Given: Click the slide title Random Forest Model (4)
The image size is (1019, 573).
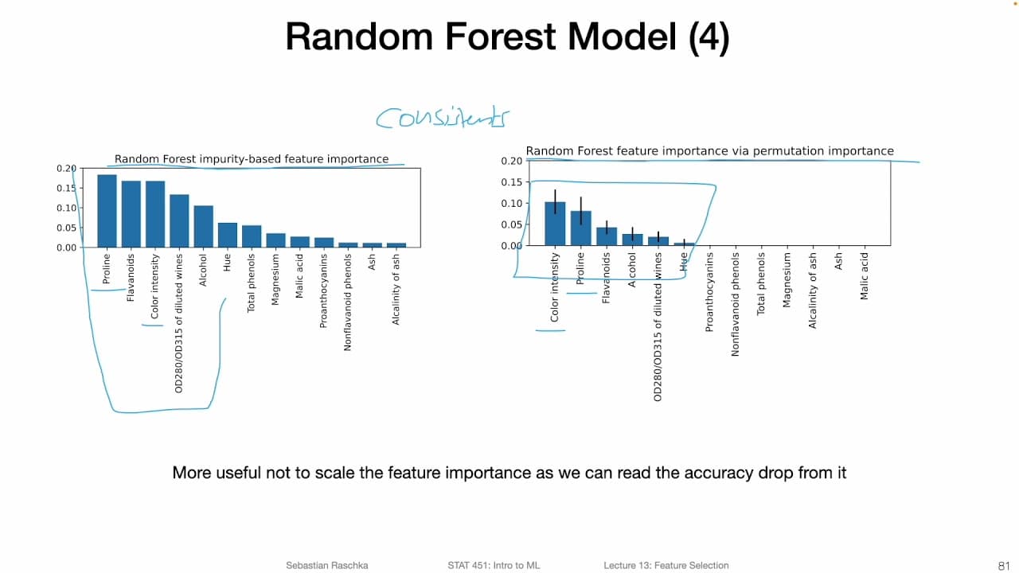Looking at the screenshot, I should point(507,37).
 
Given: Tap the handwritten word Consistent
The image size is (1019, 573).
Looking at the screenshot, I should point(442,118).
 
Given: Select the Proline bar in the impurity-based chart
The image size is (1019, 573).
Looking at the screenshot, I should point(107,211).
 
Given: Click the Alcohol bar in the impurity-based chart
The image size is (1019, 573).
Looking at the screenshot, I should point(203,226).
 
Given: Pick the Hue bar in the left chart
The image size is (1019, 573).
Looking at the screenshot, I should point(228,235).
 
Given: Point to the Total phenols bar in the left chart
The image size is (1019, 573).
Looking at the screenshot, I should point(252,236).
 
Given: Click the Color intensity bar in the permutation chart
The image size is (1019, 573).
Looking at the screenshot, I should point(555,224).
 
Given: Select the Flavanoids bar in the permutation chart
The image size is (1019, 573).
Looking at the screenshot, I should point(607,236).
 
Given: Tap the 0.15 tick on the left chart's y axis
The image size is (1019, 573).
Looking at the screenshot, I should point(66,188).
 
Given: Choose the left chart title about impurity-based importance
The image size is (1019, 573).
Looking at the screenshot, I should point(252,159).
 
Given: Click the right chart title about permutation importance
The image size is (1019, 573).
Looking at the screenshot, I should point(709,151).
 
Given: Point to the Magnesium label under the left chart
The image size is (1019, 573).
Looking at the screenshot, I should point(276,279).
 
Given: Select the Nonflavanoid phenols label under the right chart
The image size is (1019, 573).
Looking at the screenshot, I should point(736,304).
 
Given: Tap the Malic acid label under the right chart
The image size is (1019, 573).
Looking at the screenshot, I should point(865,276).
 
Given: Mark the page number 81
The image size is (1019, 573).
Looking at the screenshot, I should point(1003,565).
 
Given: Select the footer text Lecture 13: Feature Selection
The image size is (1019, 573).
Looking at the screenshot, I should point(666,565).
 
